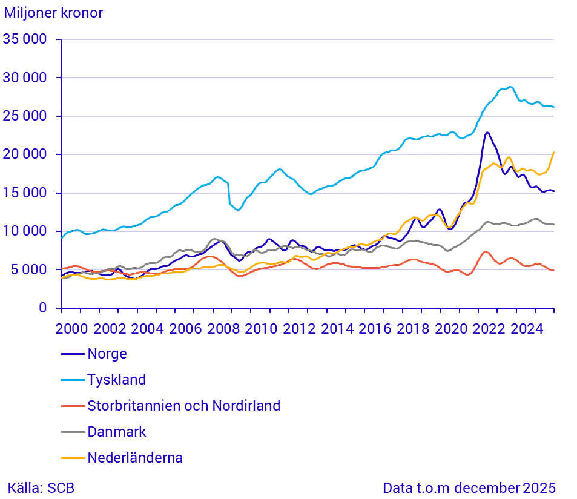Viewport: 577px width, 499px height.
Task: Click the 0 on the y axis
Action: [x=42, y=308]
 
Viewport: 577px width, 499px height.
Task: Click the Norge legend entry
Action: [x=107, y=354]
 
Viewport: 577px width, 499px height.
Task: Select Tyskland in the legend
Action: [x=117, y=380]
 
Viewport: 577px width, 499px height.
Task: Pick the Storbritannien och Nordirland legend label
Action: [x=183, y=406]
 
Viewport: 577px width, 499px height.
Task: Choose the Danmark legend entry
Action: [x=117, y=432]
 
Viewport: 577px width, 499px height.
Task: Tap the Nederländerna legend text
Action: [x=135, y=458]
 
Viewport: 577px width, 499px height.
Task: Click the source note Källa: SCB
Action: [x=41, y=488]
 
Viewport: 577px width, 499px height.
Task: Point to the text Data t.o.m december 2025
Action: [x=469, y=488]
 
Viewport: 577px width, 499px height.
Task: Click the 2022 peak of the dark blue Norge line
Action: [x=487, y=132]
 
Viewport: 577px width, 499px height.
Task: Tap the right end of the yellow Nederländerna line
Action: [x=553, y=153]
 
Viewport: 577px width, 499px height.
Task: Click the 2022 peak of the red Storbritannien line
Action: [x=485, y=251]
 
